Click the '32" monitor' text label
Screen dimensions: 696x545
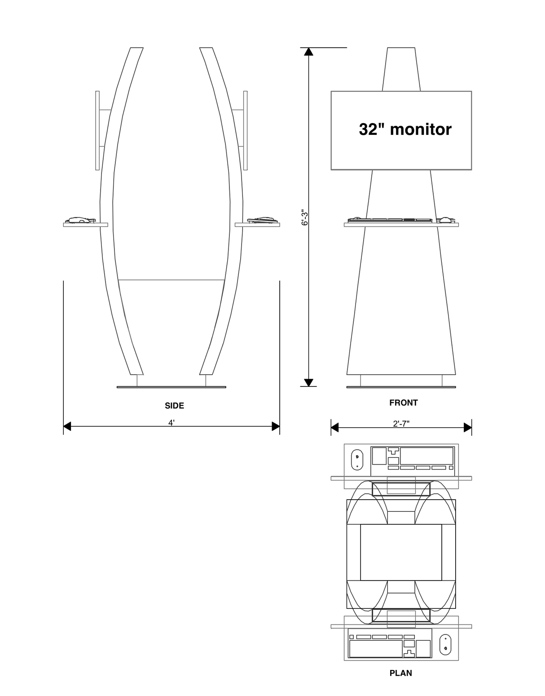tap(405, 129)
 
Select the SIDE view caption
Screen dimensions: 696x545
tap(174, 406)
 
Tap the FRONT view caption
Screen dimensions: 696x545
tap(403, 403)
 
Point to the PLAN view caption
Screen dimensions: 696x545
tap(400, 673)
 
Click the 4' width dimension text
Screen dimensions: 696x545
tap(171, 422)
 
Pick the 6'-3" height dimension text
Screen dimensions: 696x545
tap(304, 217)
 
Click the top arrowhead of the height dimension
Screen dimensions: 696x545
tap(308, 51)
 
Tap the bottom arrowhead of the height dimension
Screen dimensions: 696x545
tap(308, 382)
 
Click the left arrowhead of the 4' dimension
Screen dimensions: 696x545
tap(67, 426)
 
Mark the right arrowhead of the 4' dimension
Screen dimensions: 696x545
tap(276, 426)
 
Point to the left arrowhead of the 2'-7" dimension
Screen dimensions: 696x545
tap(334, 427)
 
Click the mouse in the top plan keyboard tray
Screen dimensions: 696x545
tap(356, 460)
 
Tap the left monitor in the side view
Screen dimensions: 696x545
tap(97, 130)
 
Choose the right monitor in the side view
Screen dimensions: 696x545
tap(246, 130)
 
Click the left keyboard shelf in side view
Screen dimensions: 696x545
tap(85, 225)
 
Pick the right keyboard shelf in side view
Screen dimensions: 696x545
tap(257, 225)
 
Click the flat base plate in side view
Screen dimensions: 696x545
tap(171, 386)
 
